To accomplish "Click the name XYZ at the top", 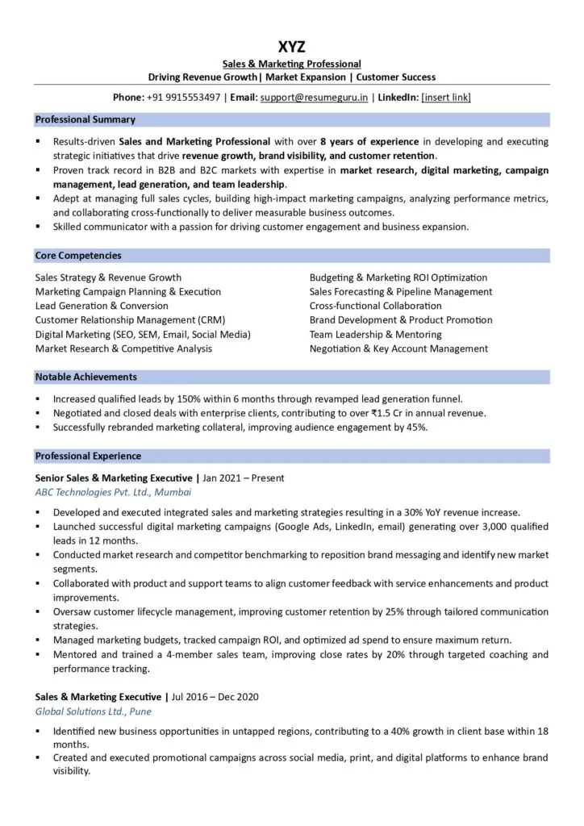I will (291, 47).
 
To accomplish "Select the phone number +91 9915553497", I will (183, 98).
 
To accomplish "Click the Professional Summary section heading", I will (85, 119).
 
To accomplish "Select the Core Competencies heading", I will (78, 256).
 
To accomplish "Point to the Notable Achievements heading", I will (86, 377).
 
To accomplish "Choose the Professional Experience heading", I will (88, 456).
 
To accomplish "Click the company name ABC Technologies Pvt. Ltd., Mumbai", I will (114, 491).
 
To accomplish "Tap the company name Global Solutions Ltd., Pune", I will (93, 711).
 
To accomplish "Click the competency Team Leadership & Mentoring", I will (375, 334).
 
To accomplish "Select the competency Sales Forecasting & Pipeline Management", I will (400, 291).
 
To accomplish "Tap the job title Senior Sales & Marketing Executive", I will (114, 478).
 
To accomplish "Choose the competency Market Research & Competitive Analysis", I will (123, 348).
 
